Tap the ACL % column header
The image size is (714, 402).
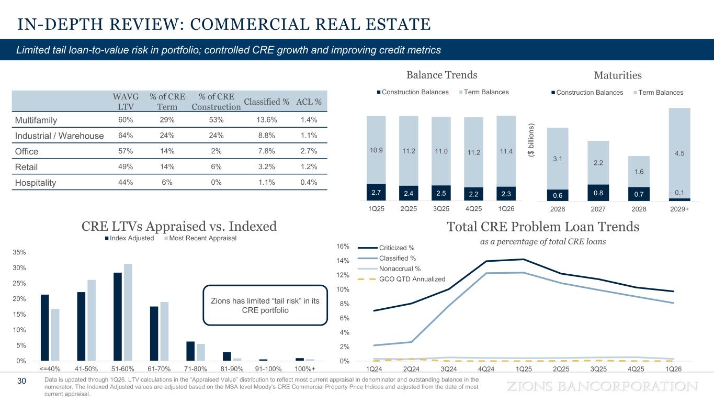tap(309, 101)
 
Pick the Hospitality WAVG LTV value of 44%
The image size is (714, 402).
tap(126, 183)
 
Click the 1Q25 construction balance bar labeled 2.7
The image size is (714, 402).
tap(376, 192)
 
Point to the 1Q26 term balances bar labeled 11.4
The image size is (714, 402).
tap(506, 151)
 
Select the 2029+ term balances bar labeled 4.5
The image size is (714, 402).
tap(679, 153)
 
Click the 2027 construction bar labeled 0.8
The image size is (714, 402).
tap(598, 192)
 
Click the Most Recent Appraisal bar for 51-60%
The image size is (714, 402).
tap(128, 312)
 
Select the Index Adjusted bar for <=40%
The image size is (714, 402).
tap(45, 328)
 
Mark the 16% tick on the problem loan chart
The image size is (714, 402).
tap(344, 246)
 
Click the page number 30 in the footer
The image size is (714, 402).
tap(21, 381)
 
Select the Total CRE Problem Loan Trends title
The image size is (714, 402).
tap(543, 227)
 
